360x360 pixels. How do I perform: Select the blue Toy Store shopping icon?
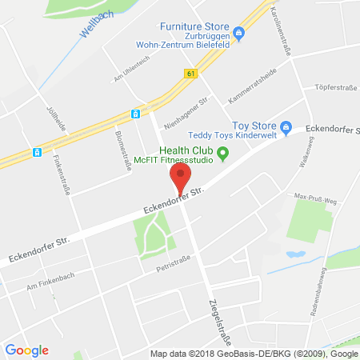(x=285, y=126)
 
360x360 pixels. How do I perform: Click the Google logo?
(x=26, y=350)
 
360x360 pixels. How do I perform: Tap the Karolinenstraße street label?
(x=285, y=36)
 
